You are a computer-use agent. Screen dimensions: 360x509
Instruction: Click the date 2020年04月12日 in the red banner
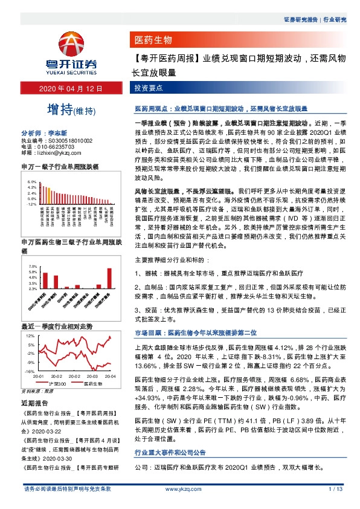[71, 89]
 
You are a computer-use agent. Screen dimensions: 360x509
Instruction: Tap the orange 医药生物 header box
[153, 41]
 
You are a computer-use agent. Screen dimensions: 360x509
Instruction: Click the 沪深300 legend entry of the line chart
[56, 383]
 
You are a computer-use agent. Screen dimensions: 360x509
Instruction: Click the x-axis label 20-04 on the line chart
[110, 376]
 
